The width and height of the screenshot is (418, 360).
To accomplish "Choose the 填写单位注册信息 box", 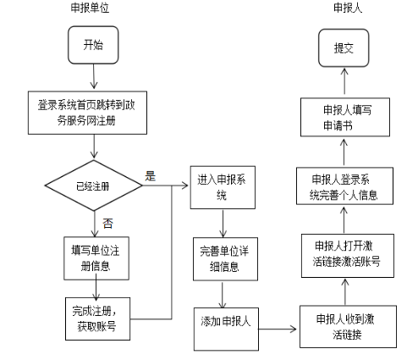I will tap(99, 257).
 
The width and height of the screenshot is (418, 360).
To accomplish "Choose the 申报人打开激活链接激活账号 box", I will tap(345, 254).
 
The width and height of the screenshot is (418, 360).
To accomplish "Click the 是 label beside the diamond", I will tap(151, 176).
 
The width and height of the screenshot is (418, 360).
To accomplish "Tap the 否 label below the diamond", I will tap(107, 223).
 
